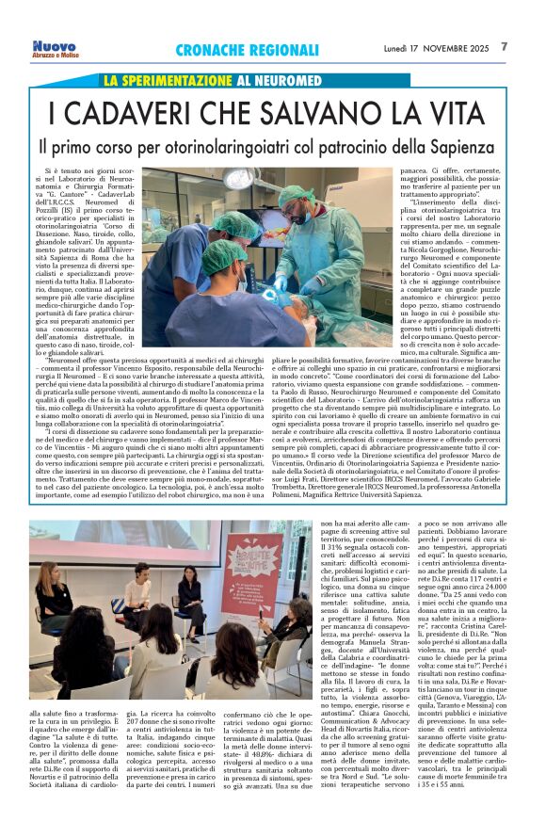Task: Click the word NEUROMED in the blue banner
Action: (x=284, y=82)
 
